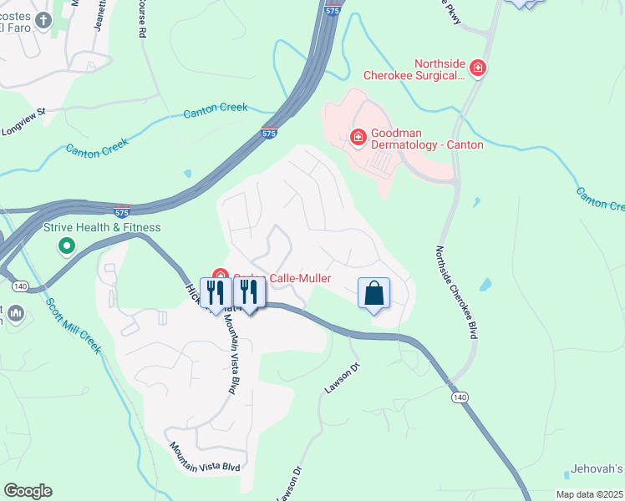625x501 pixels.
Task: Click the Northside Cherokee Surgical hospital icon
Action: coord(478,68)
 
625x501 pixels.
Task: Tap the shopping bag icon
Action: coord(373,294)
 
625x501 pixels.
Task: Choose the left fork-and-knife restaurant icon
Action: coord(216,293)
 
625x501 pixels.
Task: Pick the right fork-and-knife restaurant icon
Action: coord(248,293)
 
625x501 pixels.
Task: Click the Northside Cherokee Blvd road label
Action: coord(456,292)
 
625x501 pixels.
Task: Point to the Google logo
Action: coord(28,491)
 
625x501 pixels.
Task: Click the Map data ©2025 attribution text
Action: coord(589,494)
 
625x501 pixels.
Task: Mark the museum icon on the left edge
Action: coord(14,315)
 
